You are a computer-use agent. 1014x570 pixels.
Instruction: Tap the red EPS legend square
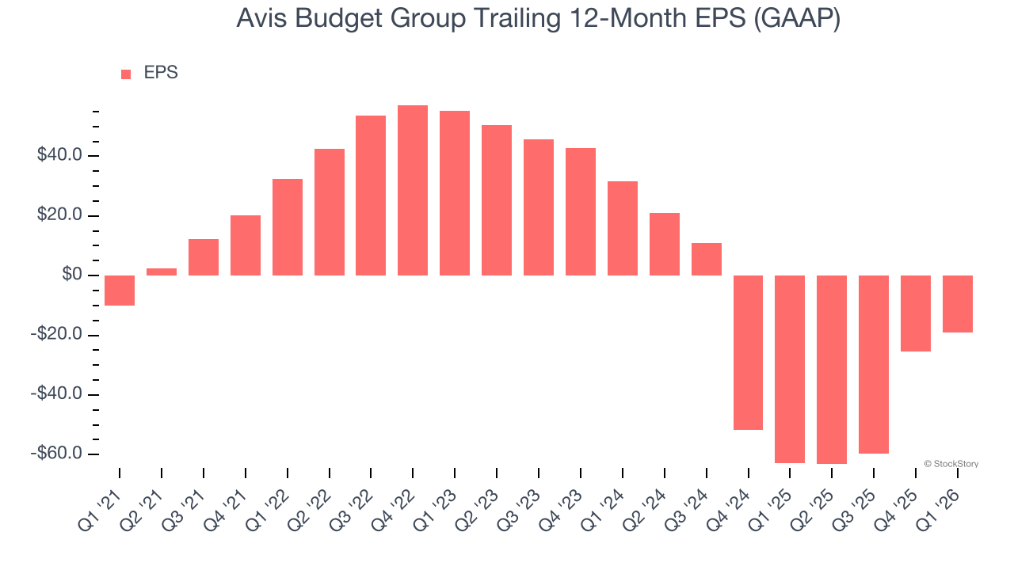tap(126, 74)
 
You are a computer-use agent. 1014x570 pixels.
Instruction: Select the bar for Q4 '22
tap(413, 190)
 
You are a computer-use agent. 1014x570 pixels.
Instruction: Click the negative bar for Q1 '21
tap(120, 291)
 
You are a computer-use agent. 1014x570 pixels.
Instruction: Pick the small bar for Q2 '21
tap(162, 272)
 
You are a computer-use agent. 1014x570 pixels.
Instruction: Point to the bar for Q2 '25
tap(832, 370)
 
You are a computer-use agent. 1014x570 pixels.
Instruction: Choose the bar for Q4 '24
tap(748, 352)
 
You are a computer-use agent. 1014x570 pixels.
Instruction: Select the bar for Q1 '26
tap(958, 304)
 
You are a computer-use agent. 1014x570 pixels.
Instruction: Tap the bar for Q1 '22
tap(288, 227)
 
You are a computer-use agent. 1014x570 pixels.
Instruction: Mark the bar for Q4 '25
tap(916, 313)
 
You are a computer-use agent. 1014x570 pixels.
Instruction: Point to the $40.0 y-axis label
tap(60, 155)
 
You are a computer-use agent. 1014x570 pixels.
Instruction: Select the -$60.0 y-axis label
tap(58, 454)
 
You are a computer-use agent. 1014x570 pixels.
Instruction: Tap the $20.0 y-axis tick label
tap(60, 216)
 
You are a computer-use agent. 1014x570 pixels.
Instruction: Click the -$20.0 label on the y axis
tap(58, 335)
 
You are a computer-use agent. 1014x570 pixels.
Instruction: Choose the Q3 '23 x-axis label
tap(521, 506)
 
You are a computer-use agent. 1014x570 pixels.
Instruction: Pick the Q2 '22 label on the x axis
tap(311, 506)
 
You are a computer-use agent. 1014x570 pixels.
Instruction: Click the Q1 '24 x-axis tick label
tap(605, 506)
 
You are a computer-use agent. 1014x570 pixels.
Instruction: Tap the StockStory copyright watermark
tap(951, 464)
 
